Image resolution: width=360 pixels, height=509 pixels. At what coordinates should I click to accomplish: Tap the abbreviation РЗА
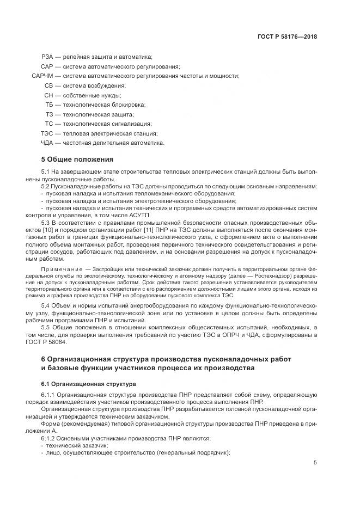(48, 57)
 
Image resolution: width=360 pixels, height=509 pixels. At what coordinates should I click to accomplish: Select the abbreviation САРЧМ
(42, 76)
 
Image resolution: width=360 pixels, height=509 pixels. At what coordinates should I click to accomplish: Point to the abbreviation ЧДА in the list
(47, 143)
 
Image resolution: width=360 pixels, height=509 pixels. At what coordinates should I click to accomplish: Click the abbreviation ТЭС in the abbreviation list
(47, 133)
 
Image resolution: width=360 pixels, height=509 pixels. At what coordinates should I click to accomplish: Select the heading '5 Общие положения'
(77, 160)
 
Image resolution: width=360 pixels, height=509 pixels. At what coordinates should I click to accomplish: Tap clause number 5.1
(46, 172)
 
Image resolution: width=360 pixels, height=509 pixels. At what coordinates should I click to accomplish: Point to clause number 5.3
(46, 224)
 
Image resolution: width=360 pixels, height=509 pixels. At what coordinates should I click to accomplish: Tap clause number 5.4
(46, 305)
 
